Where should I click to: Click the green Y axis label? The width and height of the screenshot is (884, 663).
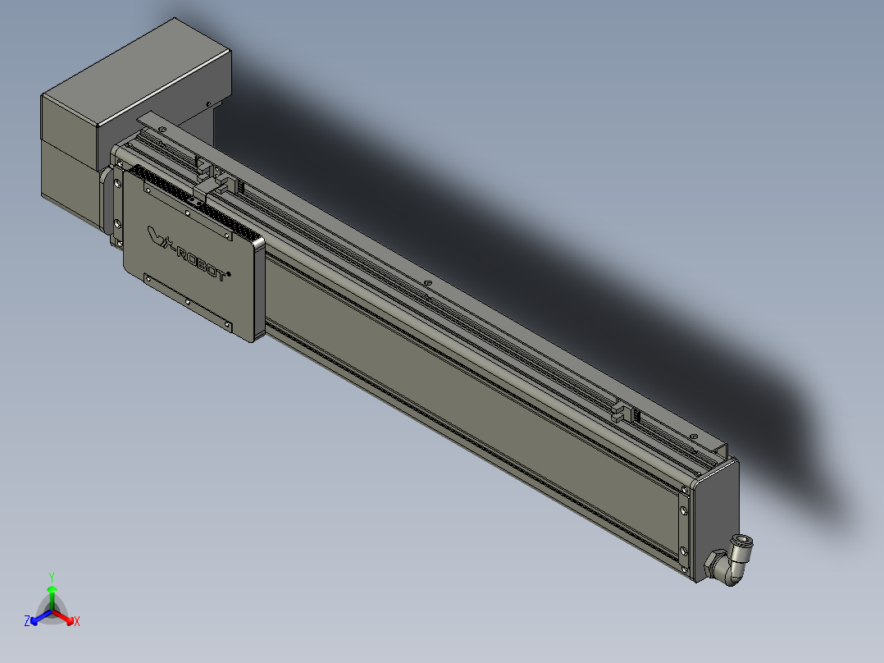[51, 577]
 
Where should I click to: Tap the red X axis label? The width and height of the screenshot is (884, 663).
[77, 621]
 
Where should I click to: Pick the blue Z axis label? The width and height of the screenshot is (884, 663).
[27, 621]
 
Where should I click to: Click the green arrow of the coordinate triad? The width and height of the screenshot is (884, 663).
[52, 594]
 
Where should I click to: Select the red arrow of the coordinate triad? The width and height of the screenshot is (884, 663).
[66, 616]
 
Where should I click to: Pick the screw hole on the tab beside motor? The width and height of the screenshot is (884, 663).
[162, 129]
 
